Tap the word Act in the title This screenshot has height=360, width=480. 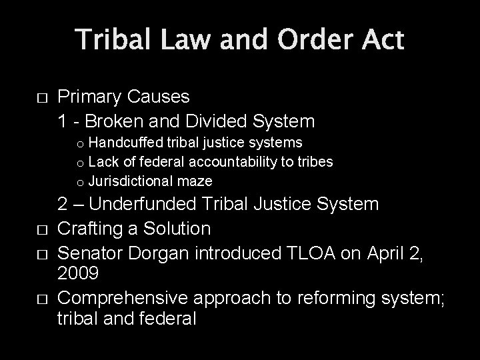(382, 40)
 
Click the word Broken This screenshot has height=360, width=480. (116, 121)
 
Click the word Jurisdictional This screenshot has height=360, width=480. (131, 181)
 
